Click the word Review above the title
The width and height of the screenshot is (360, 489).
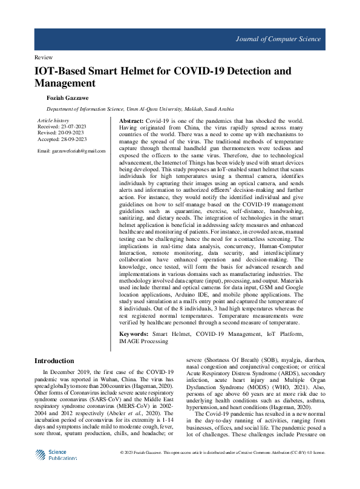click(44, 57)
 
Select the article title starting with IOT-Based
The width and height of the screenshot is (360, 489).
click(162, 77)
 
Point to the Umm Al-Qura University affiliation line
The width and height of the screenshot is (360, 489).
click(140, 110)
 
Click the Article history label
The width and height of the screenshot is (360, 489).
click(53, 121)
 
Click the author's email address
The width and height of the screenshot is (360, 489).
click(71, 150)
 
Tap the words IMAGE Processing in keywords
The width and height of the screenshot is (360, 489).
click(144, 341)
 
